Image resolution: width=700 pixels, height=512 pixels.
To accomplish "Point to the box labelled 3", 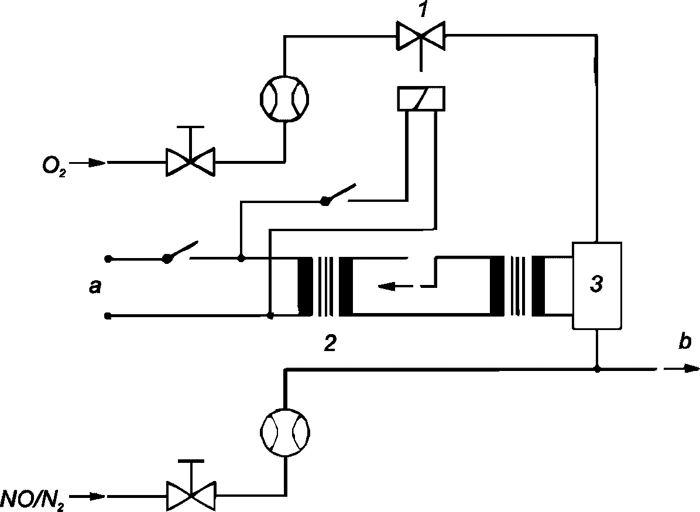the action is tap(597, 286).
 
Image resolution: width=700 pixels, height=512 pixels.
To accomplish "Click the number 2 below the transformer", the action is tap(330, 343).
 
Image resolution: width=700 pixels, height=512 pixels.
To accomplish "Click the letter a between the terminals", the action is tap(95, 287).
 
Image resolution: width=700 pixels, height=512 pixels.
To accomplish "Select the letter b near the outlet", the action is tap(684, 342).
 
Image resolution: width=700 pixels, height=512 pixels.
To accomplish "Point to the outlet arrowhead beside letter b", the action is tap(691, 369).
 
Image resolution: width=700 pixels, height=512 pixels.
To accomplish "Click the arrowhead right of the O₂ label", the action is tap(99, 163).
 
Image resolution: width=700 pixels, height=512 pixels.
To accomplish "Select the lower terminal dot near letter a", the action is tap(108, 316).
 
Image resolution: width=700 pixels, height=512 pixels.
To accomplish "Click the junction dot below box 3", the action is tap(597, 369).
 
